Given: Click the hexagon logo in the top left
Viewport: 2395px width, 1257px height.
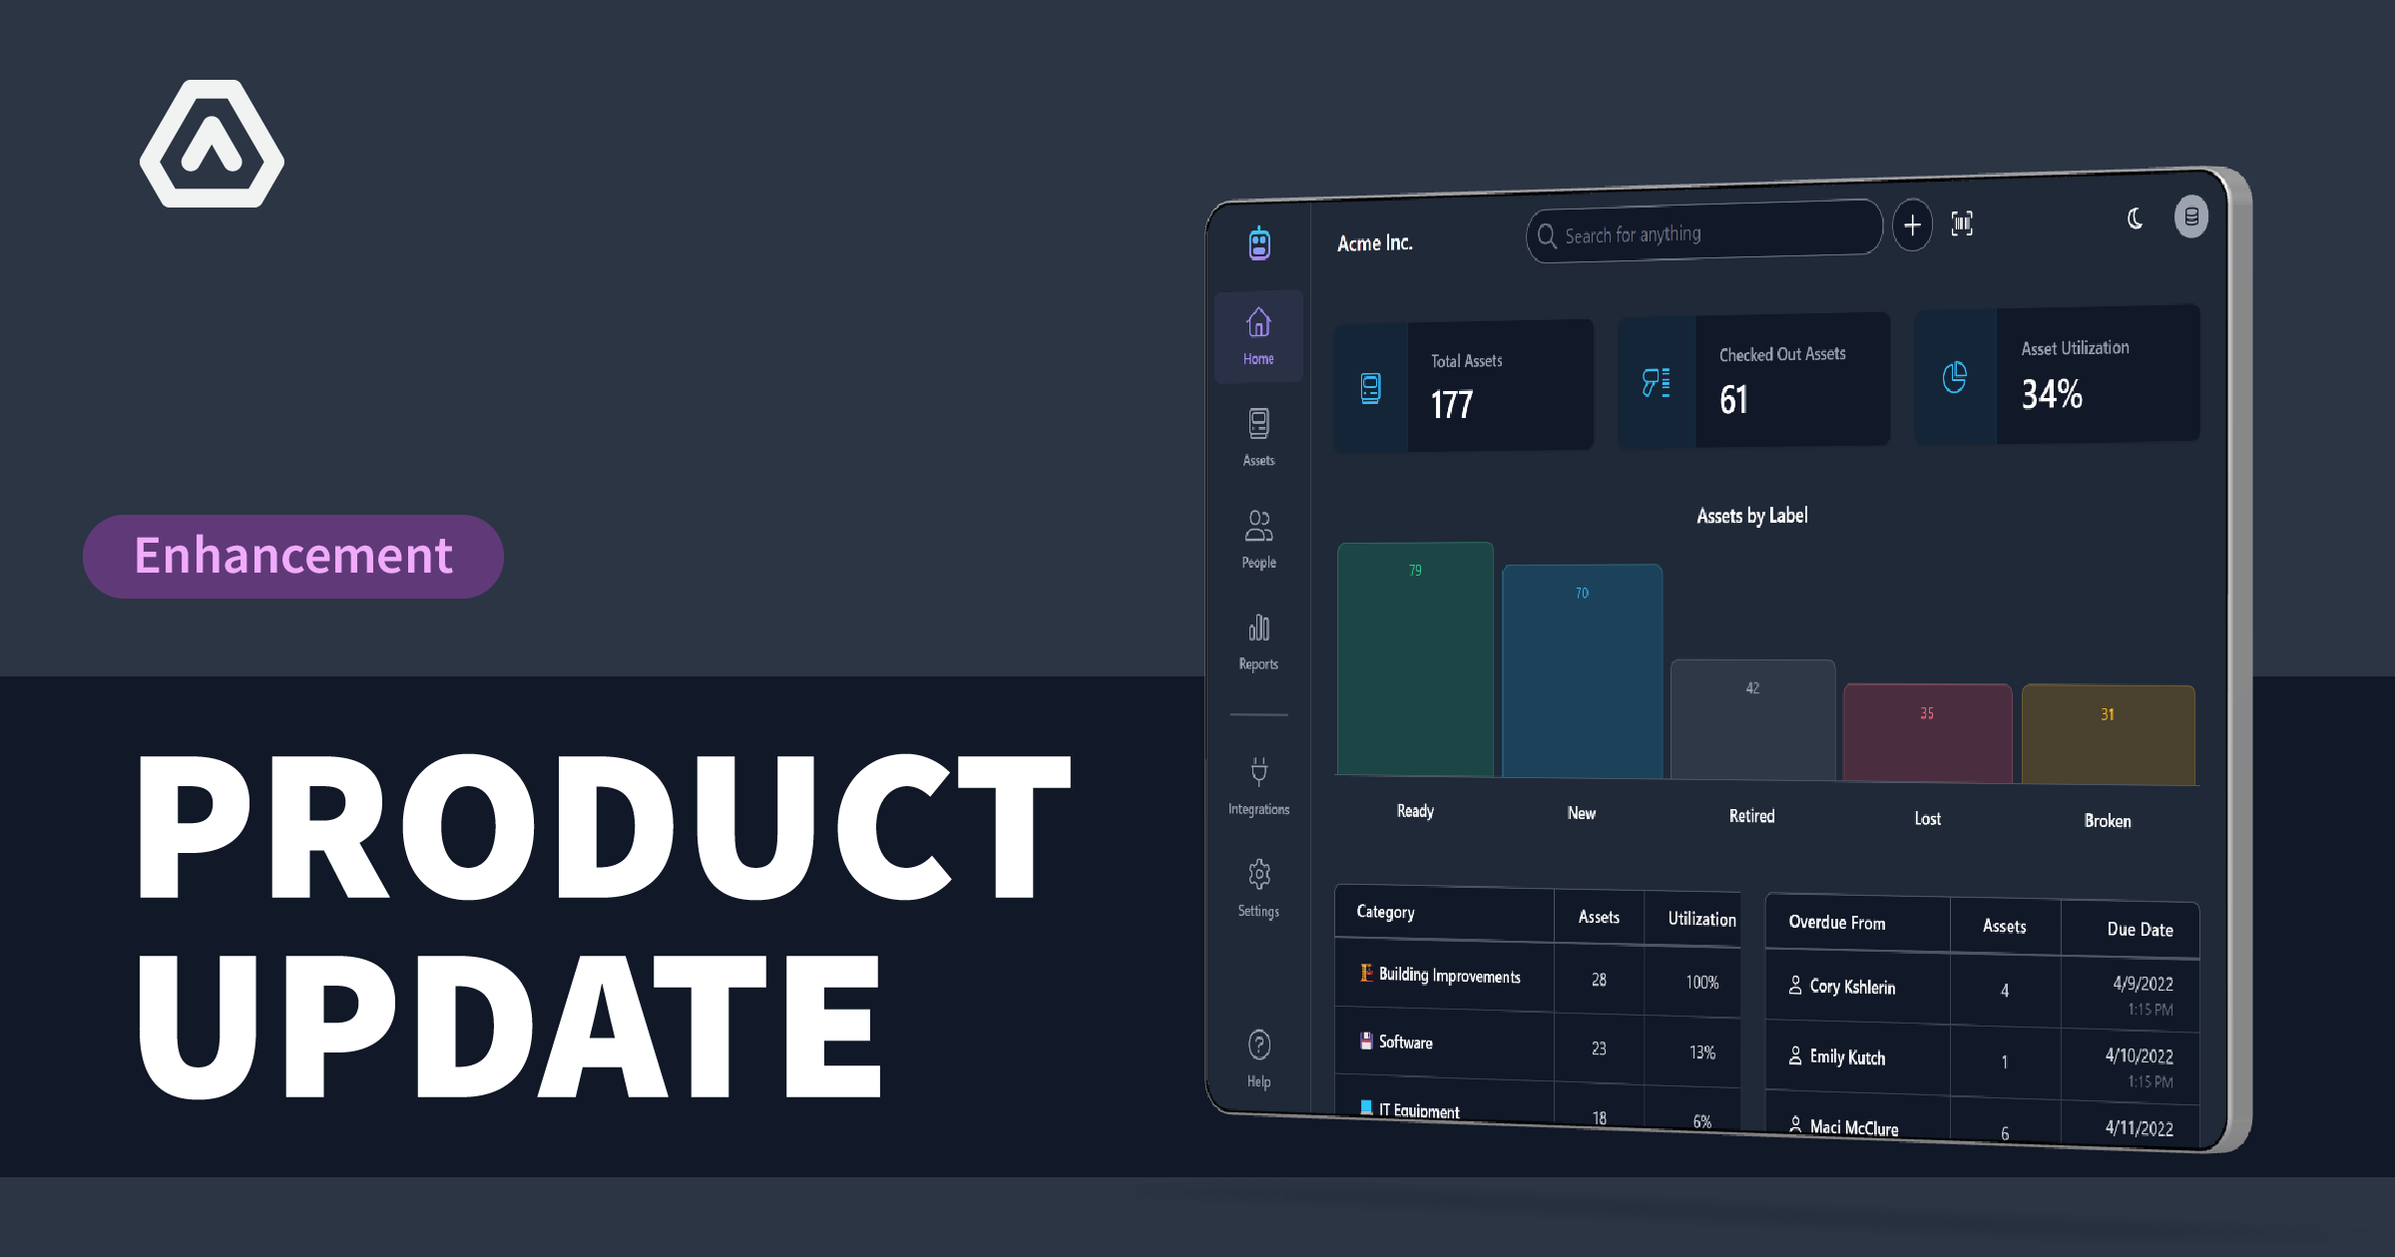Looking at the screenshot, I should pyautogui.click(x=212, y=145).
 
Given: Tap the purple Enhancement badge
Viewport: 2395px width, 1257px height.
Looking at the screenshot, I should pyautogui.click(x=293, y=556).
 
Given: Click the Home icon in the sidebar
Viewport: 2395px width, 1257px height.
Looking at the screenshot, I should pyautogui.click(x=1258, y=324).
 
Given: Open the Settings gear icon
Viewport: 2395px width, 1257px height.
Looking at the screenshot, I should pyautogui.click(x=1258, y=875).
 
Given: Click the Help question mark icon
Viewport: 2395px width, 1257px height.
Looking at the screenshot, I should pyautogui.click(x=1259, y=1045).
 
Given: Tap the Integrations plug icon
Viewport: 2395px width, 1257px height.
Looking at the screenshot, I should pyautogui.click(x=1259, y=771).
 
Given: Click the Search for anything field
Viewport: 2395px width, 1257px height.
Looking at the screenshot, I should pyautogui.click(x=1704, y=233).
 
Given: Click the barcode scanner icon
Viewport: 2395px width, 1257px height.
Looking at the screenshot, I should pyautogui.click(x=1962, y=223).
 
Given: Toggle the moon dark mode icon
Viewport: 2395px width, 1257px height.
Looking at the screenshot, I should pyautogui.click(x=2135, y=218).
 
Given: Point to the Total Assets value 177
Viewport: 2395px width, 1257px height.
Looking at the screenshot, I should pyautogui.click(x=1452, y=404).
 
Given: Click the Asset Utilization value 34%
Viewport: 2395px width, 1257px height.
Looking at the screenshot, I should pyautogui.click(x=2052, y=394).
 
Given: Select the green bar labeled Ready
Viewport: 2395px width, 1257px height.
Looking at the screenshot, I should pyautogui.click(x=1415, y=658).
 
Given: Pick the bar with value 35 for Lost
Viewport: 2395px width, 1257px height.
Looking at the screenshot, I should pyautogui.click(x=1927, y=732).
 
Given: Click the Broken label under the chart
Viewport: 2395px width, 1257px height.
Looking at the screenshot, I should pyautogui.click(x=2108, y=821).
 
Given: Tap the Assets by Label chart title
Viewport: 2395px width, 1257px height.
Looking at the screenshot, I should pyautogui.click(x=1752, y=516).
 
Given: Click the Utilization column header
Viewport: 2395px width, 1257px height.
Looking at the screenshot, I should pyautogui.click(x=1701, y=919).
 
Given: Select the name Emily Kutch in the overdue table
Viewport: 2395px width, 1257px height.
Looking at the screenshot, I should pyautogui.click(x=1847, y=1057).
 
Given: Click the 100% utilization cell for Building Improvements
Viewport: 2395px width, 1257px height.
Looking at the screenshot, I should pyautogui.click(x=1701, y=983).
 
